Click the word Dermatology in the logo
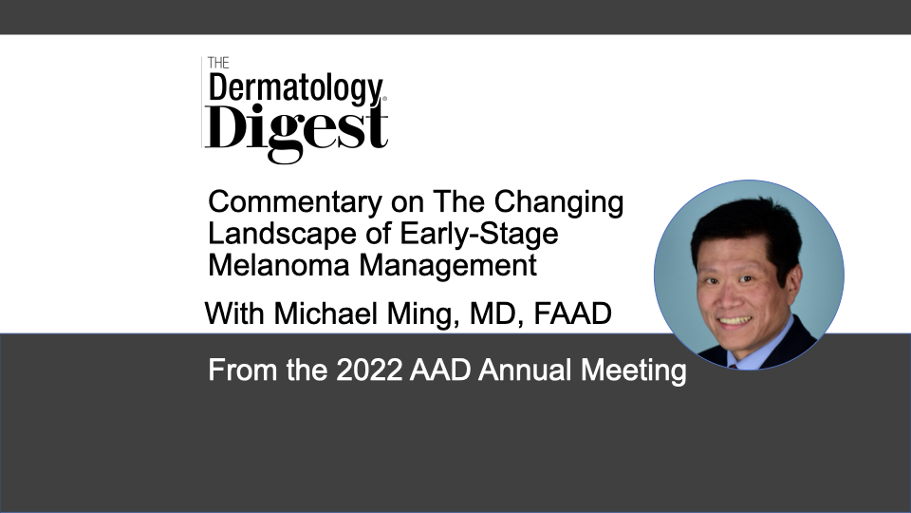(x=296, y=89)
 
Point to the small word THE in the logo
(x=218, y=63)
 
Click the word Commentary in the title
(x=295, y=203)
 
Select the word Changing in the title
(x=559, y=203)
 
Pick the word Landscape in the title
(x=283, y=235)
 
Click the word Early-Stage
(x=479, y=235)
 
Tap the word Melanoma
(x=278, y=265)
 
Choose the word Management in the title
(x=448, y=266)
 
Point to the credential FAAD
(x=572, y=313)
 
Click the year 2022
(x=369, y=370)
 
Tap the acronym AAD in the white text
(x=439, y=370)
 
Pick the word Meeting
(x=633, y=371)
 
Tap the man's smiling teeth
(x=734, y=320)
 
